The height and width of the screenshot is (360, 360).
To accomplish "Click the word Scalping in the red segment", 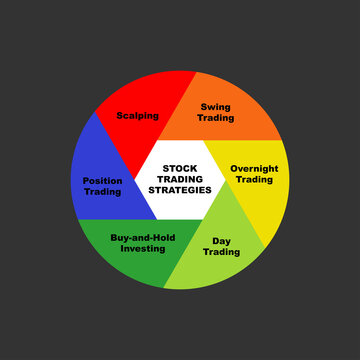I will pos(137,116).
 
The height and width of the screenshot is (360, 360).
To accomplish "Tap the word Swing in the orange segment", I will pos(216,106).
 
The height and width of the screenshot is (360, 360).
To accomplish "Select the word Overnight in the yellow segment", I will pos(254,168).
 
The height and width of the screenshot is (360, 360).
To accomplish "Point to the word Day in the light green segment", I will pos(222,240).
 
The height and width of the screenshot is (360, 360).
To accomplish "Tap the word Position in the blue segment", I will pos(102,180).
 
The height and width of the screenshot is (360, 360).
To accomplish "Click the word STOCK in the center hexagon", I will pos(180,168).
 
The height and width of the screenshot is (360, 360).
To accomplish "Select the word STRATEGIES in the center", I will pos(180,190).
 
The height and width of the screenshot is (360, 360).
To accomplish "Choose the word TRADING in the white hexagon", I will pos(180,179).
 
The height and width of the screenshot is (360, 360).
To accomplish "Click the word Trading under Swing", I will pos(216,118).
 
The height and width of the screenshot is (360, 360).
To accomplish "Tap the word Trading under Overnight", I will pos(254,180).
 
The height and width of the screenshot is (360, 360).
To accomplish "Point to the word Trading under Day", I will pos(222,252).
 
